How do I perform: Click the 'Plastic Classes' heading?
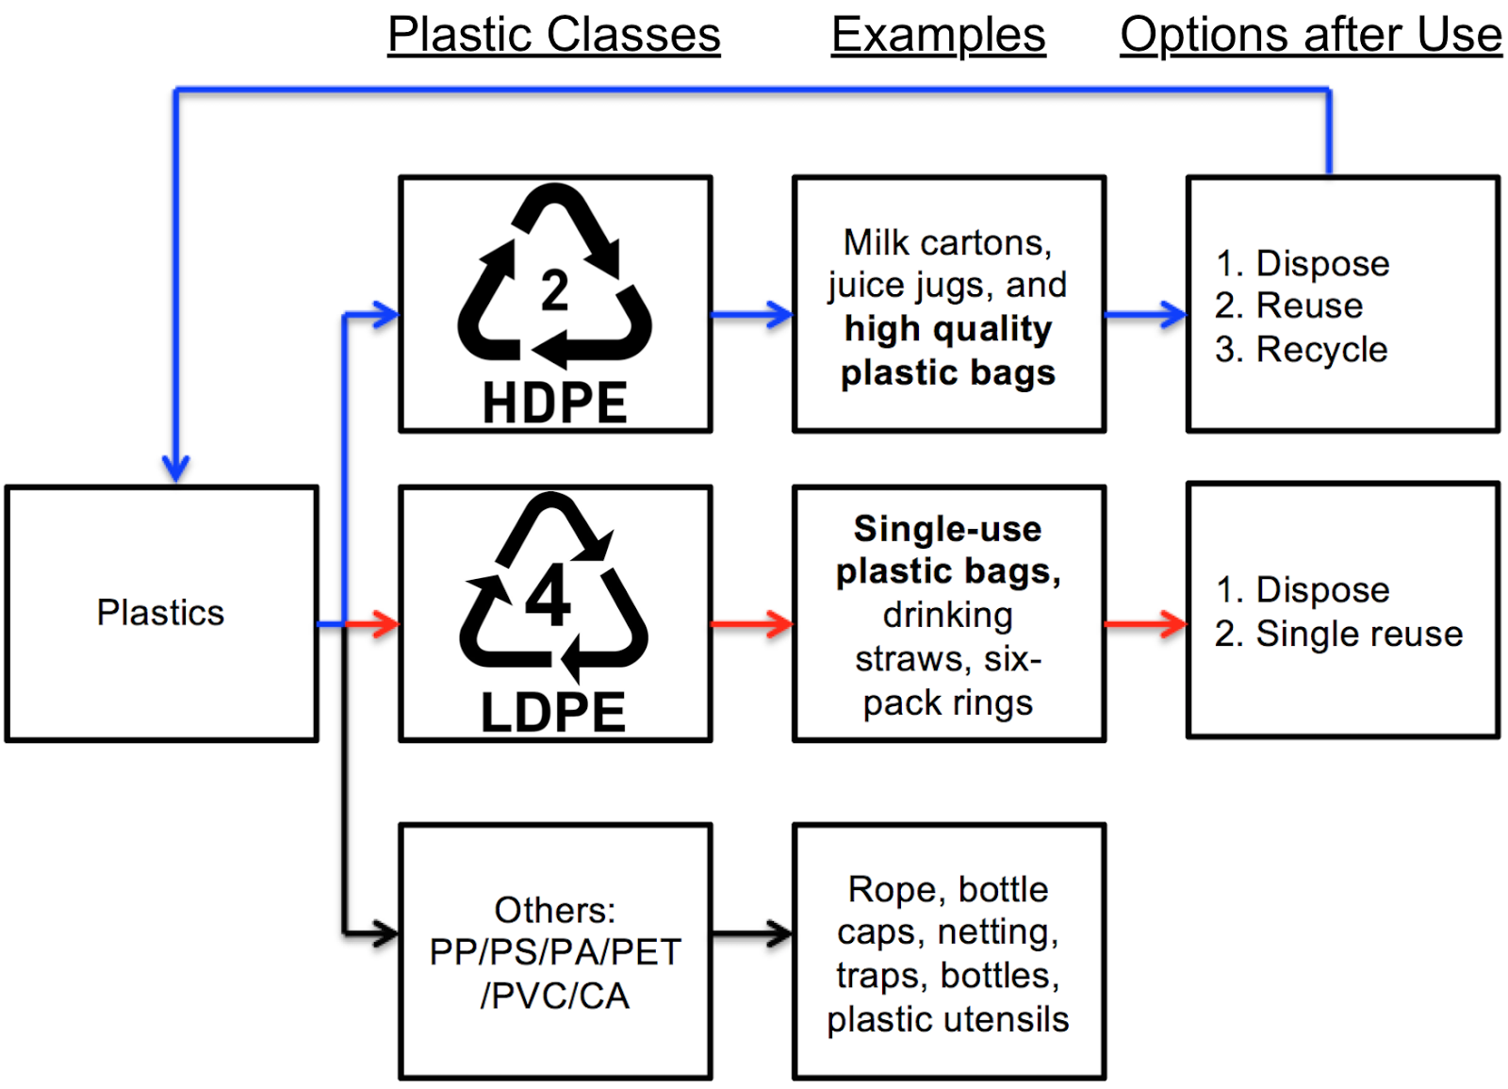click(x=553, y=36)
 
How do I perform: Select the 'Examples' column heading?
click(x=938, y=36)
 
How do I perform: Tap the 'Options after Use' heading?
click(x=1310, y=36)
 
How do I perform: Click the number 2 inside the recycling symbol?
click(x=554, y=290)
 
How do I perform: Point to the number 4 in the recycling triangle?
click(x=548, y=596)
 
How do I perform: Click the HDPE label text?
click(x=554, y=404)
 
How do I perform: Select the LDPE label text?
click(x=553, y=713)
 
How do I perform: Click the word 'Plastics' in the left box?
click(x=160, y=613)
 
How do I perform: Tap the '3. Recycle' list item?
click(x=1301, y=350)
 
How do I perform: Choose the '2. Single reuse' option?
click(x=1338, y=634)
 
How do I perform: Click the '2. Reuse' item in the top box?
click(x=1288, y=305)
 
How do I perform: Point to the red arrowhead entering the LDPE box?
click(x=386, y=623)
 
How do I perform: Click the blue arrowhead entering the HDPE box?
click(x=386, y=315)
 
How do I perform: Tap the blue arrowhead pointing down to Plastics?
click(x=176, y=466)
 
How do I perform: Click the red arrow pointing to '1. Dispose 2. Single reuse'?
click(x=1145, y=623)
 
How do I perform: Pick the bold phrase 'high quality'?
click(x=947, y=329)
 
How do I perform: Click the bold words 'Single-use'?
click(x=947, y=529)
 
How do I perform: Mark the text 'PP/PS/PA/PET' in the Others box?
click(x=554, y=952)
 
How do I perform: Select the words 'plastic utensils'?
click(x=947, y=1019)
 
